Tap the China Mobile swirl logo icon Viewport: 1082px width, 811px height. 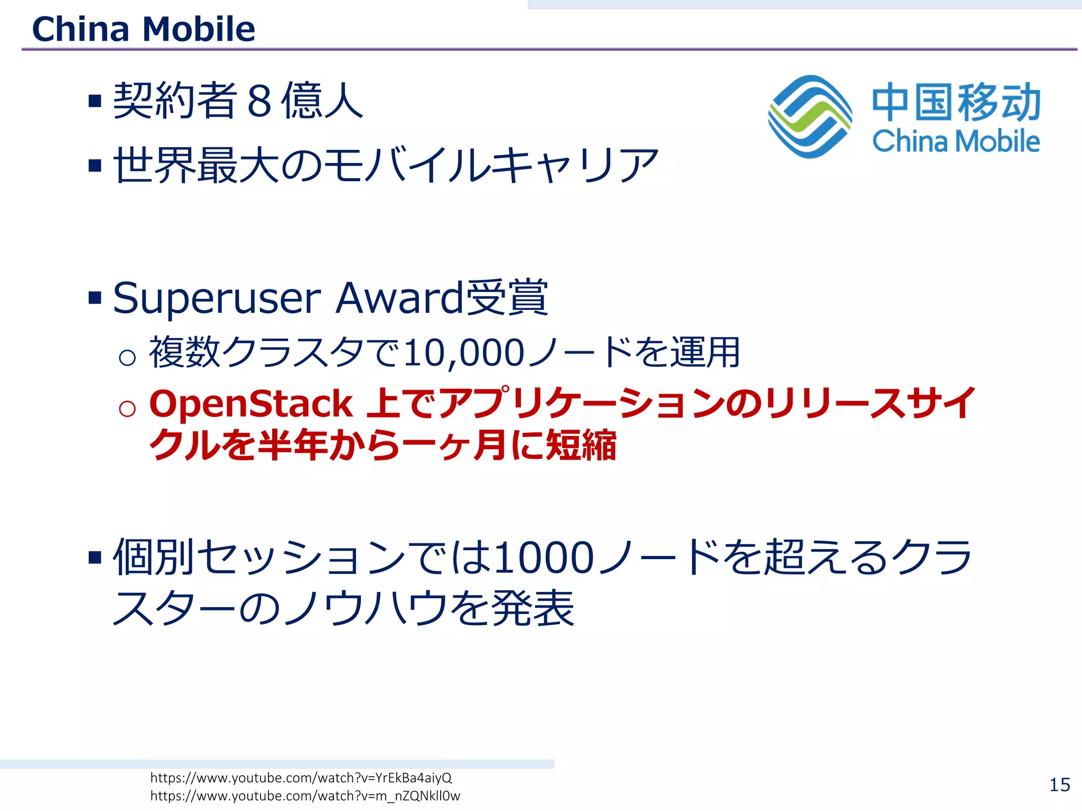809,117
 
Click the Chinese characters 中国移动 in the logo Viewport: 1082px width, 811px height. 956,102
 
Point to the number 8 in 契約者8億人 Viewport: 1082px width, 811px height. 259,101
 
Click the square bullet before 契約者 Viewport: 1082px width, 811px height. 95,101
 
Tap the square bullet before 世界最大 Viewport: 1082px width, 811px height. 95,166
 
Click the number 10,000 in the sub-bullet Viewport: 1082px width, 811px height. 463,353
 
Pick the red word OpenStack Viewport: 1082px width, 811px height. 251,404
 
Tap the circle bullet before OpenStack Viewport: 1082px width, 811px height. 127,409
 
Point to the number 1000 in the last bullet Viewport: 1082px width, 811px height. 545,558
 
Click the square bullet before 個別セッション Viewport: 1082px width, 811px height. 95,557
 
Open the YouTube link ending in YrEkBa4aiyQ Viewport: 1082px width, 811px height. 301,778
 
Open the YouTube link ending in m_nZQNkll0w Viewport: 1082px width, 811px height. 305,796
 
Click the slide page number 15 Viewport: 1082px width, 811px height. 1059,785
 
